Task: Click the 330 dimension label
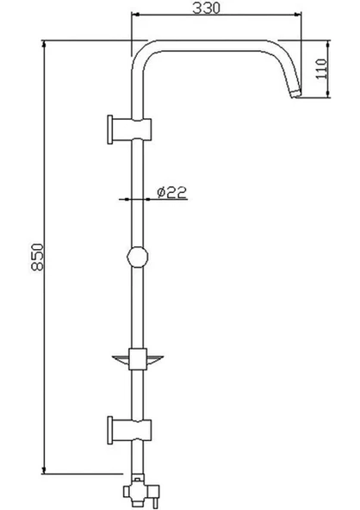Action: pos(206,8)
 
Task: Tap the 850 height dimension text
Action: pos(37,257)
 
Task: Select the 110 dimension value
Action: pos(321,69)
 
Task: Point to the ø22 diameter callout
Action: pos(171,192)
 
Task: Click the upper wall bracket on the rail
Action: pos(129,129)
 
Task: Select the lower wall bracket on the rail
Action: pos(129,430)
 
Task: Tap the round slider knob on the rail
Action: pos(137,257)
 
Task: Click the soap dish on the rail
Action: pos(137,359)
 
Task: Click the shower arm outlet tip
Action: pos(295,94)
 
